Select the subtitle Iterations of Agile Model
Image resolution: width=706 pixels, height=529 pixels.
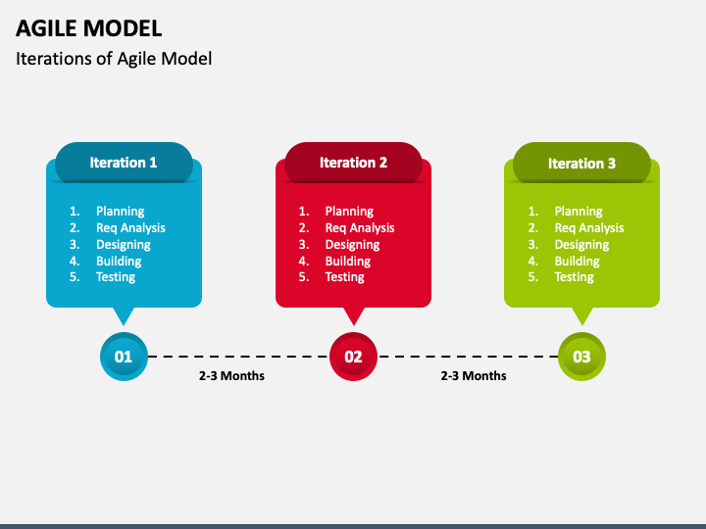tap(114, 58)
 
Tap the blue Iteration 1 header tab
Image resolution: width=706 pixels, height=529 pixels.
tap(124, 163)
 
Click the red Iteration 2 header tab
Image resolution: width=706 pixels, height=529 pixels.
tap(353, 163)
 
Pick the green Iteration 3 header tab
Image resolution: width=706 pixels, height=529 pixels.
tap(581, 164)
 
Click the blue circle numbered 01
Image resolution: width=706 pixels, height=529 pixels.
tap(124, 357)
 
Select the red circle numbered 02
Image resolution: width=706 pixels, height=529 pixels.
tap(353, 357)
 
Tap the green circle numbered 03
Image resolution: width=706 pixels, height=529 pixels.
tap(581, 357)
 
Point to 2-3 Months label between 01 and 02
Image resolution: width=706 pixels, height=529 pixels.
tap(231, 375)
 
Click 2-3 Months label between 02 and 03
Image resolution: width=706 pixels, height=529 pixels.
tap(474, 375)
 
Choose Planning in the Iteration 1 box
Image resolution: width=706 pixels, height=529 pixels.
tap(120, 212)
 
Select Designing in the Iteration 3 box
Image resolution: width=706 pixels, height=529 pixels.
tap(581, 245)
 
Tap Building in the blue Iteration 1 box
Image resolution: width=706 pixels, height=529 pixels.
tap(119, 262)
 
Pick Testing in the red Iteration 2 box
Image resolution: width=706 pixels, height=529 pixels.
tap(344, 277)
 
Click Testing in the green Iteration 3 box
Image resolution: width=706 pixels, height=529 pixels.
tap(574, 277)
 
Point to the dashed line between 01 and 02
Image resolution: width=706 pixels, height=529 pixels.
tap(238, 357)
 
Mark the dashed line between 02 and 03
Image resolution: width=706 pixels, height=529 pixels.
tap(468, 357)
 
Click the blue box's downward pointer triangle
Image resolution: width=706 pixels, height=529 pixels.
tap(124, 314)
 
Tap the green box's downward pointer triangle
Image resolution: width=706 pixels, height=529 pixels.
tap(582, 314)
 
